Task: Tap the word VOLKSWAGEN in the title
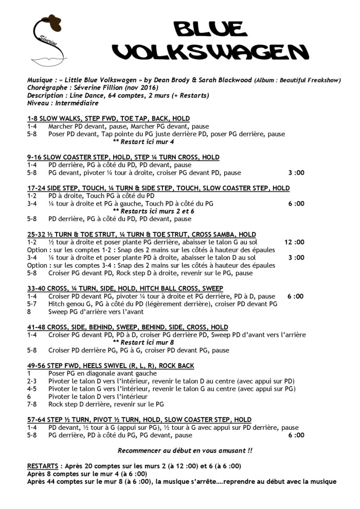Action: click(210, 51)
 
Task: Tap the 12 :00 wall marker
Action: click(294, 242)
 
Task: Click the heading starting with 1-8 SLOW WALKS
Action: click(109, 118)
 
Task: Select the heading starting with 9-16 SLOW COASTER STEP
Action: click(123, 157)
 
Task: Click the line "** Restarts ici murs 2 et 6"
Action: click(153, 211)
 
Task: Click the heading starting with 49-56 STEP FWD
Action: click(103, 365)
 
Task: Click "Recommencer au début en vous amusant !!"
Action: click(185, 450)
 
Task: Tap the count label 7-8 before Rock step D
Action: click(33, 404)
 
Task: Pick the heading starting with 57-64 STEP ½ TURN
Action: click(139, 420)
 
